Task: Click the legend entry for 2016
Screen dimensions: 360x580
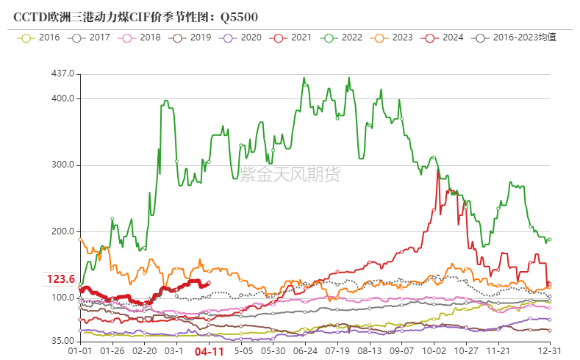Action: pyautogui.click(x=42, y=37)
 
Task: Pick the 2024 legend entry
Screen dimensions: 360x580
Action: pyautogui.click(x=444, y=37)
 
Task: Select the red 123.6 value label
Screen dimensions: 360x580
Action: pyautogui.click(x=61, y=279)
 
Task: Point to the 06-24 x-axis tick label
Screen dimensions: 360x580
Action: pyautogui.click(x=304, y=352)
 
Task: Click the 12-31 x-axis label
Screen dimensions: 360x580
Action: pyautogui.click(x=551, y=352)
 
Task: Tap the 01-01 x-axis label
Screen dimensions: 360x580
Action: pyautogui.click(x=79, y=352)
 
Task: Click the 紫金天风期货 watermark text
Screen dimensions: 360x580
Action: pyautogui.click(x=290, y=174)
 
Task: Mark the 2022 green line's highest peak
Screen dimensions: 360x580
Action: pyautogui.click(x=304, y=78)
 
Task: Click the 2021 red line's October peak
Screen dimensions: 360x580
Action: pyautogui.click(x=438, y=170)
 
